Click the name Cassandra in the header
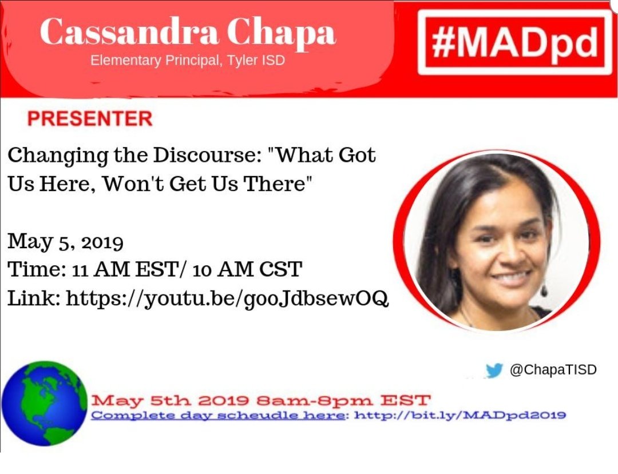120,32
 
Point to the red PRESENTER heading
90,119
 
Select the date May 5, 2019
65,242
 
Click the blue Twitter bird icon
494,371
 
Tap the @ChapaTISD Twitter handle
553,371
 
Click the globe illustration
44,403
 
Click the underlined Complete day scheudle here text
218,415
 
